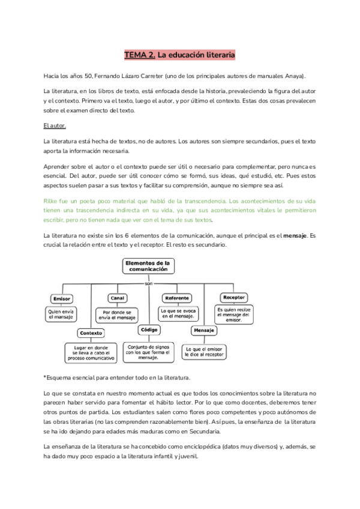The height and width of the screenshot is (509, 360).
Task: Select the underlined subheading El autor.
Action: [55, 126]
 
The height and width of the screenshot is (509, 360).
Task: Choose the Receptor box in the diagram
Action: [233, 297]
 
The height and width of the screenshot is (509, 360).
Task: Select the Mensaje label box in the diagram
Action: [205, 331]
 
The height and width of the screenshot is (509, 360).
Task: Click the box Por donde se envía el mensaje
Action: [117, 315]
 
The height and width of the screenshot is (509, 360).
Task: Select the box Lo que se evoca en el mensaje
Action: [178, 314]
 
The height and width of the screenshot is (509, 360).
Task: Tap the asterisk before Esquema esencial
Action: [45, 378]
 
